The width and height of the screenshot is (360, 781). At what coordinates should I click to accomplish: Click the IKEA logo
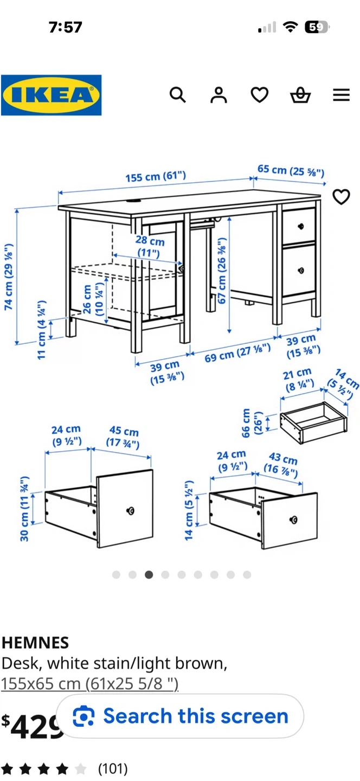point(51,95)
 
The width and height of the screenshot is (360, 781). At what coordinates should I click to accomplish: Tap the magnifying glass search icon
point(178,95)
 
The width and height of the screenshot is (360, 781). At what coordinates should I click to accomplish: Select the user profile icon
point(218,95)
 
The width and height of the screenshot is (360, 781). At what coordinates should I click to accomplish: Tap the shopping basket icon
point(300,95)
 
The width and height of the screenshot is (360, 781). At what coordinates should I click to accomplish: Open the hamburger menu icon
point(341,95)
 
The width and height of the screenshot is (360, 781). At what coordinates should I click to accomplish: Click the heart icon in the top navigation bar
point(260,95)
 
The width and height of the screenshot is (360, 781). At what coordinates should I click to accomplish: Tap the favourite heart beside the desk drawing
point(341,197)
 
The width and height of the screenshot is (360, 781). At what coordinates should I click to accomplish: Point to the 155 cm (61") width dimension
point(156,176)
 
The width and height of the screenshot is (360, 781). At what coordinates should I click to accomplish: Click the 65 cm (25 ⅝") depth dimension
point(291,170)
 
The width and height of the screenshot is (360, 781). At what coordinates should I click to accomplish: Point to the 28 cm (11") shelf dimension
point(150,246)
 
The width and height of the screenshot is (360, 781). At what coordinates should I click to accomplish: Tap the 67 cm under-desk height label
point(222,271)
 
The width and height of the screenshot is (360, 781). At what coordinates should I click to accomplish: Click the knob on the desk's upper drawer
point(301,226)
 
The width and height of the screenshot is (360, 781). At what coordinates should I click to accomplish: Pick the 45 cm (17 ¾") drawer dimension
point(123,437)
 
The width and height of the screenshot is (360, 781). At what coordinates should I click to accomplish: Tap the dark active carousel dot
point(149,574)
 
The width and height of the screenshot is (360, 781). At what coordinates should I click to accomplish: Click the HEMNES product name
point(35,643)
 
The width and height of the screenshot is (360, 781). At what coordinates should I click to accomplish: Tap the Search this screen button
point(180,716)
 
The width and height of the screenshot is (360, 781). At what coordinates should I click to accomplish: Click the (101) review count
point(113,769)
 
